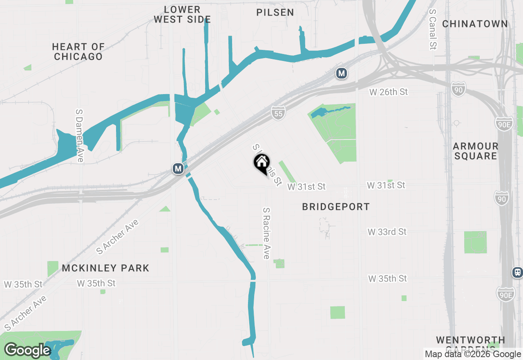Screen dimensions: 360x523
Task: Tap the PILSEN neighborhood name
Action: tap(275, 13)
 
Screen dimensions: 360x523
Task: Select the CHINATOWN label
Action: tap(475, 24)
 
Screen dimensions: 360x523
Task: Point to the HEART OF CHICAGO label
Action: tap(78, 52)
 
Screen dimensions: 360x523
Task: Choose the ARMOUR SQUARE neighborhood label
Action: tap(476, 151)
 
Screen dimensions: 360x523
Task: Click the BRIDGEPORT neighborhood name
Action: tap(336, 207)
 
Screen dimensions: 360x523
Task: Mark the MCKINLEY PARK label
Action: tap(106, 268)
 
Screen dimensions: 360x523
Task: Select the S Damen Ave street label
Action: tap(80, 135)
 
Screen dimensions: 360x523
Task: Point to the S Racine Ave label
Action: tap(266, 233)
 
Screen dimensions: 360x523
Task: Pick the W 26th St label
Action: tap(388, 92)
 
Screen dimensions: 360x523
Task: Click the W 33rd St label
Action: tap(387, 232)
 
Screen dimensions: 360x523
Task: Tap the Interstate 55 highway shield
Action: tap(278, 113)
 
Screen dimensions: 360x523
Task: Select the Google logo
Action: tap(27, 351)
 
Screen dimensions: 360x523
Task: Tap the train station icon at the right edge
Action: tap(518, 272)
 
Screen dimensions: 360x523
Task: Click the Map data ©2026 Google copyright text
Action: tap(473, 354)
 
